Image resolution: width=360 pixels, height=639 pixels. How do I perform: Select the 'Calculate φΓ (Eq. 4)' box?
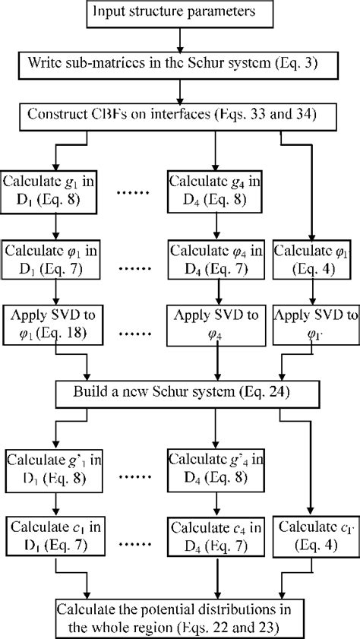[x=313, y=258]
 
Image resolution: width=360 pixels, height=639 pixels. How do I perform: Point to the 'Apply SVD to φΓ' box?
[x=313, y=323]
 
